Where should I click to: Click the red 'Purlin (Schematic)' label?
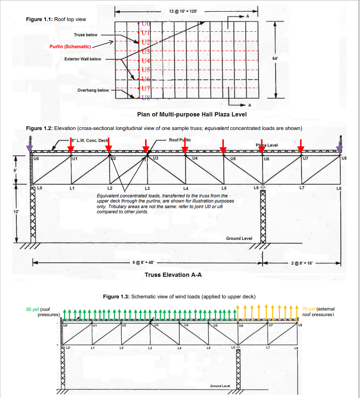click(70, 47)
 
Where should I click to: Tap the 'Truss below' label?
click(86, 35)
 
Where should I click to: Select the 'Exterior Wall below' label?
click(83, 59)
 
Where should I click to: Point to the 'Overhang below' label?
click(93, 90)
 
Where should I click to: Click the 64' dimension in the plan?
click(275, 58)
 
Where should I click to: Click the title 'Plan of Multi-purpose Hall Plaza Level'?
click(191, 115)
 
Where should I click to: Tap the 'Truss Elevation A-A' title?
click(173, 275)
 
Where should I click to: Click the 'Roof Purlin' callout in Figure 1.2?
click(180, 140)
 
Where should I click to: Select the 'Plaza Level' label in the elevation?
click(267, 145)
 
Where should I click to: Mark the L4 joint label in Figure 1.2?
click(186, 188)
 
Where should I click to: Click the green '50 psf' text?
click(32, 309)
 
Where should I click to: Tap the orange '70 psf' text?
click(309, 309)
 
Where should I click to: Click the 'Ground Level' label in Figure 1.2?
click(239, 239)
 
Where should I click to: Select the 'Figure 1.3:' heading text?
click(116, 297)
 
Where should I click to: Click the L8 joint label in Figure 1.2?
click(339, 188)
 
